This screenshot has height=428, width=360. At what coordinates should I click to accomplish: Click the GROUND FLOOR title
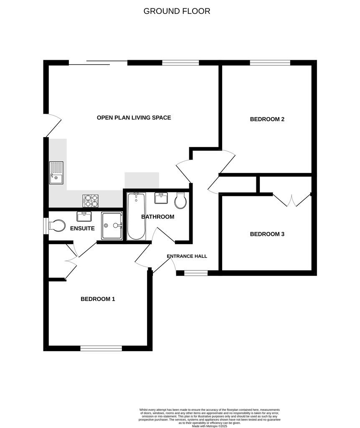(x=177, y=11)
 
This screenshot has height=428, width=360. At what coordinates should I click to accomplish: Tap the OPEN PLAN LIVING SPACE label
(x=134, y=118)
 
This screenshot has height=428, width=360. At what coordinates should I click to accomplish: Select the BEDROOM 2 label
(x=267, y=119)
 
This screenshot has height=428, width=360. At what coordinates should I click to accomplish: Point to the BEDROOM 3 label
(x=267, y=234)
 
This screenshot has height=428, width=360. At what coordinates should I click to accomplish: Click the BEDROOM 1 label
(x=98, y=299)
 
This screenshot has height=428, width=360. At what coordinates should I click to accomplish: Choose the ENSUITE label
(x=82, y=229)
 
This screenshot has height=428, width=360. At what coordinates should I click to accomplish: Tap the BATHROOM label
(x=157, y=217)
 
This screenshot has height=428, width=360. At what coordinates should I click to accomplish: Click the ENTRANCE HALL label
(x=187, y=256)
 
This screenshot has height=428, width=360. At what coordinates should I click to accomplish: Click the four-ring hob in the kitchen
(x=91, y=201)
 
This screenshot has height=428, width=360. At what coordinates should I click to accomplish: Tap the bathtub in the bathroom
(x=136, y=216)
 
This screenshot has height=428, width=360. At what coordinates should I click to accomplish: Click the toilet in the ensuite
(x=56, y=226)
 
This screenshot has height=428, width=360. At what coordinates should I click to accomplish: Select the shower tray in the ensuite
(x=112, y=226)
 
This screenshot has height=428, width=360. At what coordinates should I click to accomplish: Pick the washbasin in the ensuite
(x=84, y=216)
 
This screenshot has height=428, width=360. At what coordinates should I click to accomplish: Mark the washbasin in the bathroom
(x=161, y=198)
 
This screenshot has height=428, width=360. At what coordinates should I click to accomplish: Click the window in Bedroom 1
(x=101, y=348)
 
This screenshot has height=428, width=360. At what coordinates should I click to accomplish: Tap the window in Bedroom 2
(x=270, y=63)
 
